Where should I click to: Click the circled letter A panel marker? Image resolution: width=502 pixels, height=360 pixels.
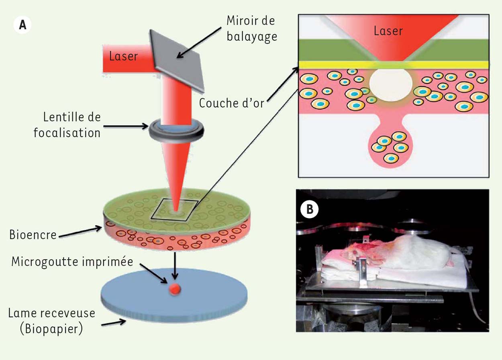(22, 25)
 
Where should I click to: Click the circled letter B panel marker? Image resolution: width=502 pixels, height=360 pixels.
(310, 209)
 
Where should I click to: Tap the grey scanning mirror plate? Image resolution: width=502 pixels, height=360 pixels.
(177, 61)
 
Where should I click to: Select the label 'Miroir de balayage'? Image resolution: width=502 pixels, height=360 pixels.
(251, 29)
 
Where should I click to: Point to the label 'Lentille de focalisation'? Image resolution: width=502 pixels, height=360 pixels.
(67, 125)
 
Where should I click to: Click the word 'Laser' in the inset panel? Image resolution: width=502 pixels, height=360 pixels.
(388, 31)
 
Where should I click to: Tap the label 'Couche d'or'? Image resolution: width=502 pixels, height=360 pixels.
(232, 103)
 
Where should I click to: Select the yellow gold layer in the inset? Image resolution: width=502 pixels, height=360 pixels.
(394, 65)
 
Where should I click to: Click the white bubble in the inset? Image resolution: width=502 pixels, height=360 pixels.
(391, 84)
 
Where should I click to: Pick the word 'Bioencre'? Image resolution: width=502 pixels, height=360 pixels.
(33, 235)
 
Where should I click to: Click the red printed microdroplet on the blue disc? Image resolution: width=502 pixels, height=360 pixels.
(175, 289)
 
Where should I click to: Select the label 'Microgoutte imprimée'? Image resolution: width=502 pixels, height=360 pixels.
(72, 262)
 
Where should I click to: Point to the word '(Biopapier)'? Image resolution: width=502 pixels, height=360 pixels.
(51, 329)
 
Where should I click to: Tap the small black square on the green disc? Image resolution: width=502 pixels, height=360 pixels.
(174, 210)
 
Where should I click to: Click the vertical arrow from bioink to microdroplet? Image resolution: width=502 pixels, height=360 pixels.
(175, 266)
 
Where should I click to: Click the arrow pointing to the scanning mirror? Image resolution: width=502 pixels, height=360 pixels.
(199, 42)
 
